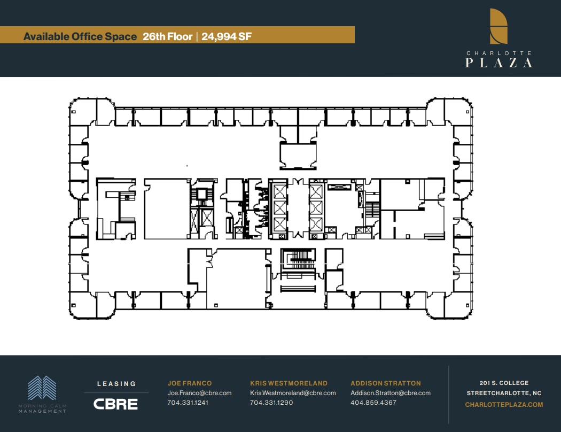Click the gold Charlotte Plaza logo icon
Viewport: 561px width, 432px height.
(x=498, y=26)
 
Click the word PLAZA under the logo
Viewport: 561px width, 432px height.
(x=498, y=63)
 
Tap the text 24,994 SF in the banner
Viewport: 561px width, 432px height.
(x=227, y=36)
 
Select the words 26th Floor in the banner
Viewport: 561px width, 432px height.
(x=167, y=36)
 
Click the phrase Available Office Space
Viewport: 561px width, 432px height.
(x=80, y=36)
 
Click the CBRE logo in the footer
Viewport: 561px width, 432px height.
(x=115, y=404)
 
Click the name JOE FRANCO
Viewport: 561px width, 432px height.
(x=190, y=383)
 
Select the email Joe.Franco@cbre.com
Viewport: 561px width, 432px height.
(x=199, y=393)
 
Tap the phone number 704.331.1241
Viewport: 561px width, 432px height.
(x=188, y=403)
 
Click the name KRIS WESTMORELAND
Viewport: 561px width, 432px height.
(x=289, y=383)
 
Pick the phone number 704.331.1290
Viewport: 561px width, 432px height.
(x=271, y=403)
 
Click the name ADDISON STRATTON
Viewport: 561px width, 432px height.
(x=386, y=383)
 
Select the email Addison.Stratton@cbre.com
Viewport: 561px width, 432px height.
(x=391, y=393)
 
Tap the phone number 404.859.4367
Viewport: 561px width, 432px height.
(x=373, y=403)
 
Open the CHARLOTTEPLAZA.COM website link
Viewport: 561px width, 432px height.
(x=504, y=405)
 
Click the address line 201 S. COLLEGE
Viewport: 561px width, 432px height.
(x=504, y=383)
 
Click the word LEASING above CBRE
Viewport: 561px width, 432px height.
(x=116, y=383)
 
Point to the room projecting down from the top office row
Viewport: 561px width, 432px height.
(x=298, y=155)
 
